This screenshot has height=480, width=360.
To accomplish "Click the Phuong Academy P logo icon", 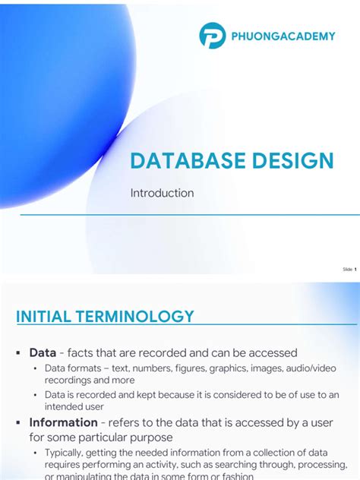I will [213, 36].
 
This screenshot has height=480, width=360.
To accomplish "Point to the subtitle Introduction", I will [162, 193].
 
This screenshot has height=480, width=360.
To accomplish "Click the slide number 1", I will [355, 269].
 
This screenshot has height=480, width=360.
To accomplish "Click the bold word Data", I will [43, 352].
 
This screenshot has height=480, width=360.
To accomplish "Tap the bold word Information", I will [63, 422].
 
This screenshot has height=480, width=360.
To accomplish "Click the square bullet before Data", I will [17, 353].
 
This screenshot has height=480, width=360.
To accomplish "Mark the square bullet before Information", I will [17, 423].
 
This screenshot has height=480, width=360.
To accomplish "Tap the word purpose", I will [151, 437].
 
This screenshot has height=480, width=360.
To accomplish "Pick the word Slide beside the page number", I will [347, 269].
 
